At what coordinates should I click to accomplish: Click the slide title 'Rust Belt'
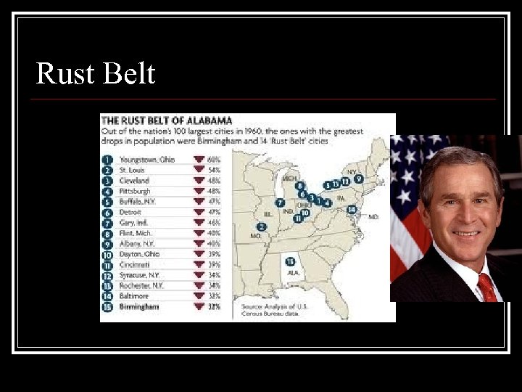point(95,73)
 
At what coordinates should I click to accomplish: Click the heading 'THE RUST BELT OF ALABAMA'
point(167,120)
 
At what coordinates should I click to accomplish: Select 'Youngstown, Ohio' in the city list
point(148,159)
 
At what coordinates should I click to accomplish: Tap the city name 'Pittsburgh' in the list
point(135,191)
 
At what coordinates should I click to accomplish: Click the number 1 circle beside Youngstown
point(107,159)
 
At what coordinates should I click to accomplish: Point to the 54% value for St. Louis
point(215,170)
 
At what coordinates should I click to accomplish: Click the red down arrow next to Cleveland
point(199,180)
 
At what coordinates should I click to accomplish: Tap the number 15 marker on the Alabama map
point(290,262)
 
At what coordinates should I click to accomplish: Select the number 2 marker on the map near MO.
point(262,226)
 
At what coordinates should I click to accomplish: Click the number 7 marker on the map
point(280,203)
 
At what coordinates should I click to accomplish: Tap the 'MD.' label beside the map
point(373,216)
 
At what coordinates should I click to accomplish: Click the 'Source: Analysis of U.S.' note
point(275,306)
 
